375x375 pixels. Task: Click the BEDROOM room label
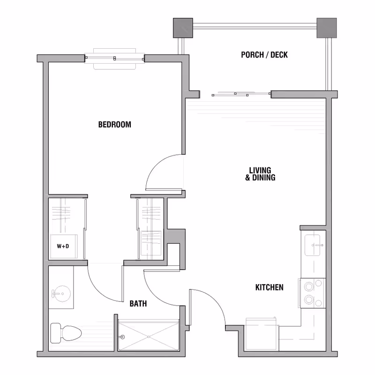click(114, 125)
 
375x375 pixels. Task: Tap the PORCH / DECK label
click(264, 55)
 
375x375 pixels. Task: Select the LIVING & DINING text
click(260, 174)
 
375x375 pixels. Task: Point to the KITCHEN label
click(269, 287)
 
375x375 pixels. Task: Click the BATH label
click(138, 303)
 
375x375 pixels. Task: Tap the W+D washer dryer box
click(64, 247)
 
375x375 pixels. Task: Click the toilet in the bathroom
click(66, 333)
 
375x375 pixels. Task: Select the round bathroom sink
click(61, 294)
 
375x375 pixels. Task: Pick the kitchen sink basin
click(312, 245)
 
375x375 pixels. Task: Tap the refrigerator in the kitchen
click(262, 334)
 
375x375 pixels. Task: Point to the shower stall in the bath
click(149, 336)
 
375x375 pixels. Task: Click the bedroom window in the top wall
click(114, 58)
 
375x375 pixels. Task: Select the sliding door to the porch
click(241, 94)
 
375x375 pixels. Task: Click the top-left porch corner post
click(183, 28)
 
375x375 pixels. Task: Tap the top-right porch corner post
click(327, 28)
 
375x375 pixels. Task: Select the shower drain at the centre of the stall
click(149, 337)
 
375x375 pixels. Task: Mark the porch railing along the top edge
click(255, 26)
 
